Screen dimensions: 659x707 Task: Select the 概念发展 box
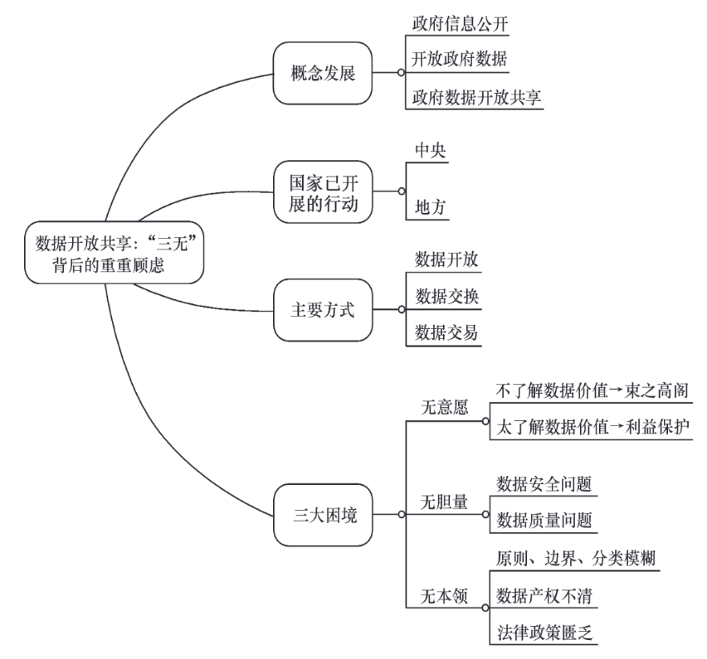click(323, 73)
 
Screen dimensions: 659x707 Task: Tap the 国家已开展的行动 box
click(323, 191)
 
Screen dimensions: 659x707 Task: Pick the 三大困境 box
click(323, 514)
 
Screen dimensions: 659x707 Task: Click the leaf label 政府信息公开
click(459, 23)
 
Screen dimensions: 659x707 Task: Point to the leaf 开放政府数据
click(459, 61)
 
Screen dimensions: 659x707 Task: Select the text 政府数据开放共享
click(477, 98)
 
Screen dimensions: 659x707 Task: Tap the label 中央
click(431, 151)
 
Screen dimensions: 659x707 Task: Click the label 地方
click(431, 208)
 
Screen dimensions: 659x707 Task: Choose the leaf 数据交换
click(446, 296)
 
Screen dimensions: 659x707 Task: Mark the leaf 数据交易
click(446, 333)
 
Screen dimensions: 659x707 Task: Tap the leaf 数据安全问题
click(543, 483)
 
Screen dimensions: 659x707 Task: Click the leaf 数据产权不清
click(543, 594)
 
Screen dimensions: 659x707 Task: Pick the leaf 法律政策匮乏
click(543, 632)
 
